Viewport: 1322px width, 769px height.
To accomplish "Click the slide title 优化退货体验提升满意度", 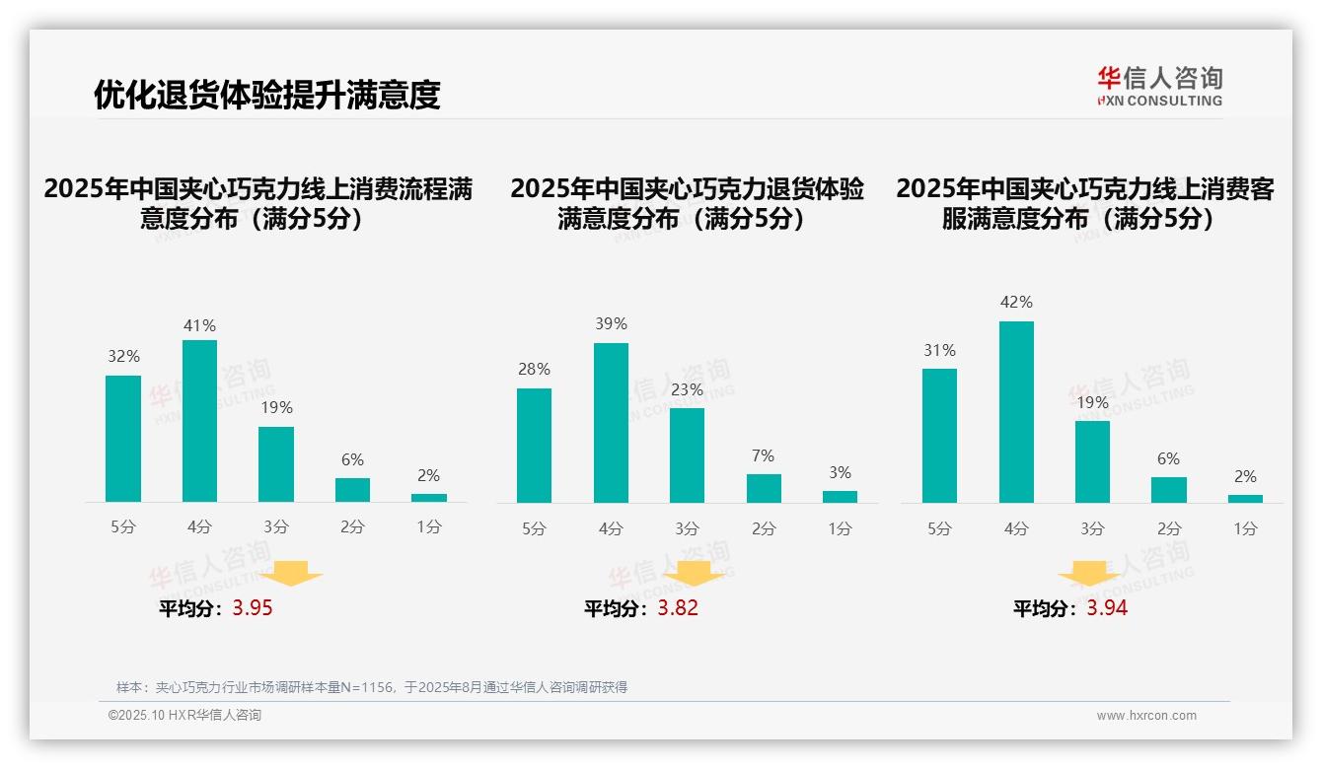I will tap(266, 95).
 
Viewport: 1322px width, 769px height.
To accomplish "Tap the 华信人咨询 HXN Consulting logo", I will tap(1159, 87).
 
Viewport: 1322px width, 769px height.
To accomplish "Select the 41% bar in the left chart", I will tap(199, 421).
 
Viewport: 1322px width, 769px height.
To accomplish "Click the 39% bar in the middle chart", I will tap(611, 423).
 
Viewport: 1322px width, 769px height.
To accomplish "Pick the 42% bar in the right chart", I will tap(1016, 412).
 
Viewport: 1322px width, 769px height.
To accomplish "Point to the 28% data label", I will tap(534, 370).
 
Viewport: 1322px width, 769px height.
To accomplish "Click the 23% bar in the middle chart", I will tap(687, 455).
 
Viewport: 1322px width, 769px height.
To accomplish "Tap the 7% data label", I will tap(763, 456).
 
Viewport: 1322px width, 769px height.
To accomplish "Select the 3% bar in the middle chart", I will tap(840, 497).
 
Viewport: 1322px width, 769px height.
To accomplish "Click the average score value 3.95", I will tap(253, 608).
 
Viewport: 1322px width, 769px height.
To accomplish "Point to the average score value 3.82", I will tap(678, 608).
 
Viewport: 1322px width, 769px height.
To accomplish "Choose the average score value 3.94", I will tap(1107, 608).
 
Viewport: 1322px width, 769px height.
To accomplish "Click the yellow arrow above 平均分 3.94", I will tap(1089, 575).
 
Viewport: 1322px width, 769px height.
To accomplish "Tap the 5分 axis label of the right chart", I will tap(939, 528).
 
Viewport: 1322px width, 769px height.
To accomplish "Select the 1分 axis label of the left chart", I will tap(429, 527).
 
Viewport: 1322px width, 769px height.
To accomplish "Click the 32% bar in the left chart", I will tap(123, 439).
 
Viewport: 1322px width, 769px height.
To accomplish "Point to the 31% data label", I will tap(939, 351).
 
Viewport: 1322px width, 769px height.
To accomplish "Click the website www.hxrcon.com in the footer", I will tap(1146, 716).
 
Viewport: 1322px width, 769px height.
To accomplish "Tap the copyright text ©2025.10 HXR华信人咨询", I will tap(184, 716).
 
